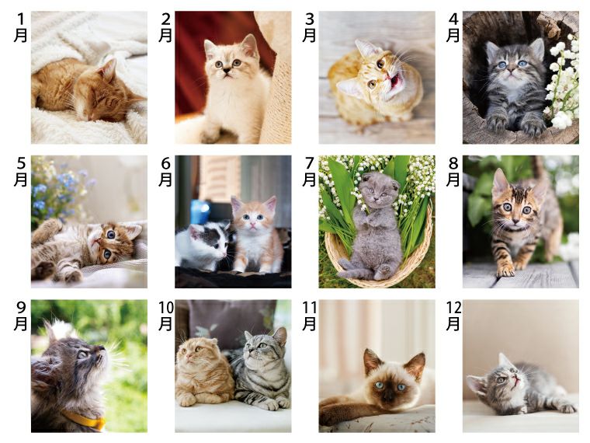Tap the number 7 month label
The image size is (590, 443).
(309, 172)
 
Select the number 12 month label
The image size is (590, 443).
(453, 316)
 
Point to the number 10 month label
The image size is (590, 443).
(165, 316)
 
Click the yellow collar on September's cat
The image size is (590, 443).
(85, 420)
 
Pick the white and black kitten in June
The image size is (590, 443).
(203, 246)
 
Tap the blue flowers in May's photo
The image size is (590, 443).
(61, 188)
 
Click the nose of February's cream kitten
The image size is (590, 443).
(227, 71)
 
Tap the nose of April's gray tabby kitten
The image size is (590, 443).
(512, 71)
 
